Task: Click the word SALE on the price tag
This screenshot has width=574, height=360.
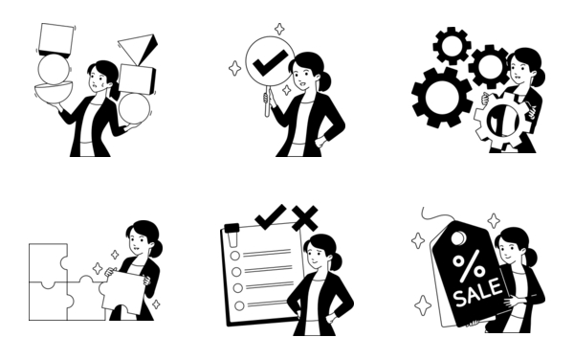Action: pos(477,291)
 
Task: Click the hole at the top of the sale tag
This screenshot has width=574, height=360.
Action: pos(458,238)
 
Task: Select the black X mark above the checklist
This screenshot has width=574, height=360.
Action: pos(305,218)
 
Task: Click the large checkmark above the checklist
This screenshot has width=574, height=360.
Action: pos(271,216)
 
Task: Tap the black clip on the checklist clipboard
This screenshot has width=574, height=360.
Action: pos(232,228)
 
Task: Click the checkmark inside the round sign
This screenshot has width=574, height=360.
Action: pos(270,62)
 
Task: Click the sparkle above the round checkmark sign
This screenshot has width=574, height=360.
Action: pos(279,29)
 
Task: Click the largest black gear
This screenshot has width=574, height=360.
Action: pos(441,98)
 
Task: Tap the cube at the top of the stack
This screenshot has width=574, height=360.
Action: pos(56,39)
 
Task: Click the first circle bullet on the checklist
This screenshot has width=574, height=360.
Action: pos(235,256)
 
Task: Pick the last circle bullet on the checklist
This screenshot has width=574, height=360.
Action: pos(239,305)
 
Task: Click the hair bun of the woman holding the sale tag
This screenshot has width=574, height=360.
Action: pos(532,257)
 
